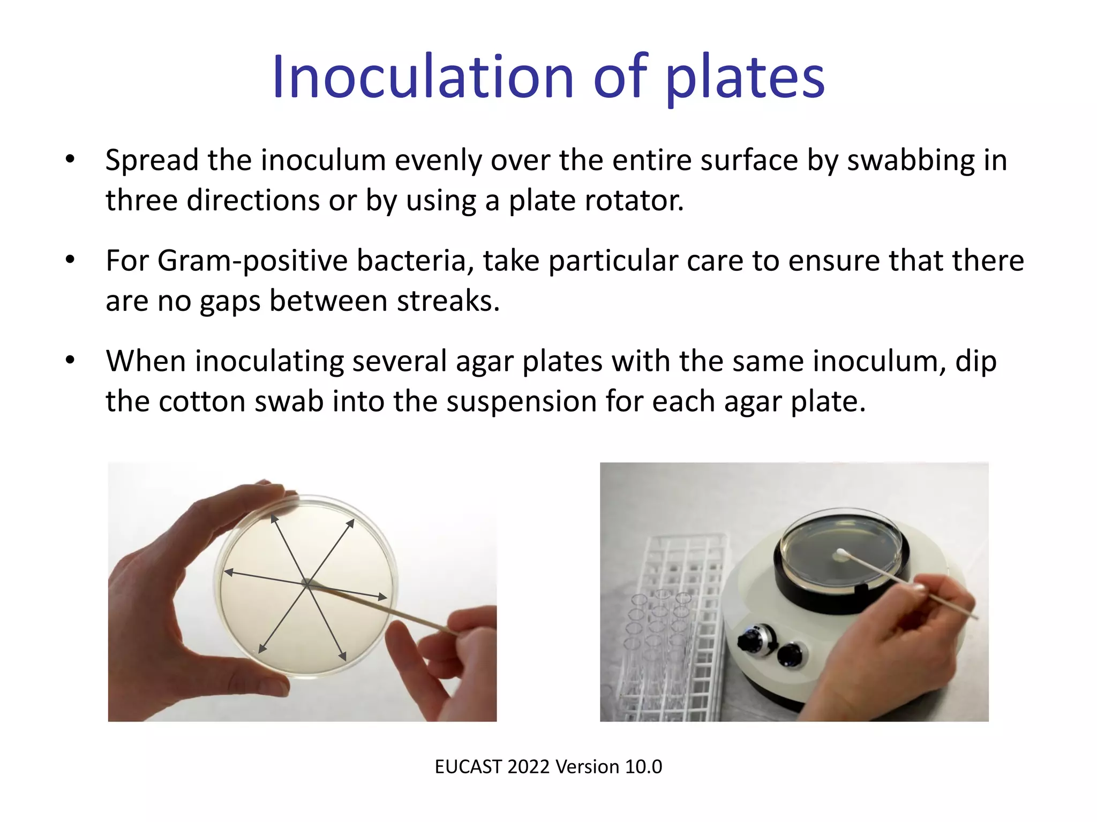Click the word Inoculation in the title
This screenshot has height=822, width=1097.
(423, 78)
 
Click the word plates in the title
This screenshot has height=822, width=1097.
(745, 79)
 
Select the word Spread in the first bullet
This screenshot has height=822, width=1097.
(152, 160)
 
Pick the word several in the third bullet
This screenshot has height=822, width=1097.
(399, 361)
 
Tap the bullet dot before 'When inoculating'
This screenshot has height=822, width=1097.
(70, 360)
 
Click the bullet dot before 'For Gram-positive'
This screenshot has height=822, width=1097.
(70, 260)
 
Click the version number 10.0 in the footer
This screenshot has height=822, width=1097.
(643, 767)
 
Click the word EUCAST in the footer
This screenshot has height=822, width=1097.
(468, 767)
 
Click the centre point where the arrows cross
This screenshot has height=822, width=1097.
(307, 584)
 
